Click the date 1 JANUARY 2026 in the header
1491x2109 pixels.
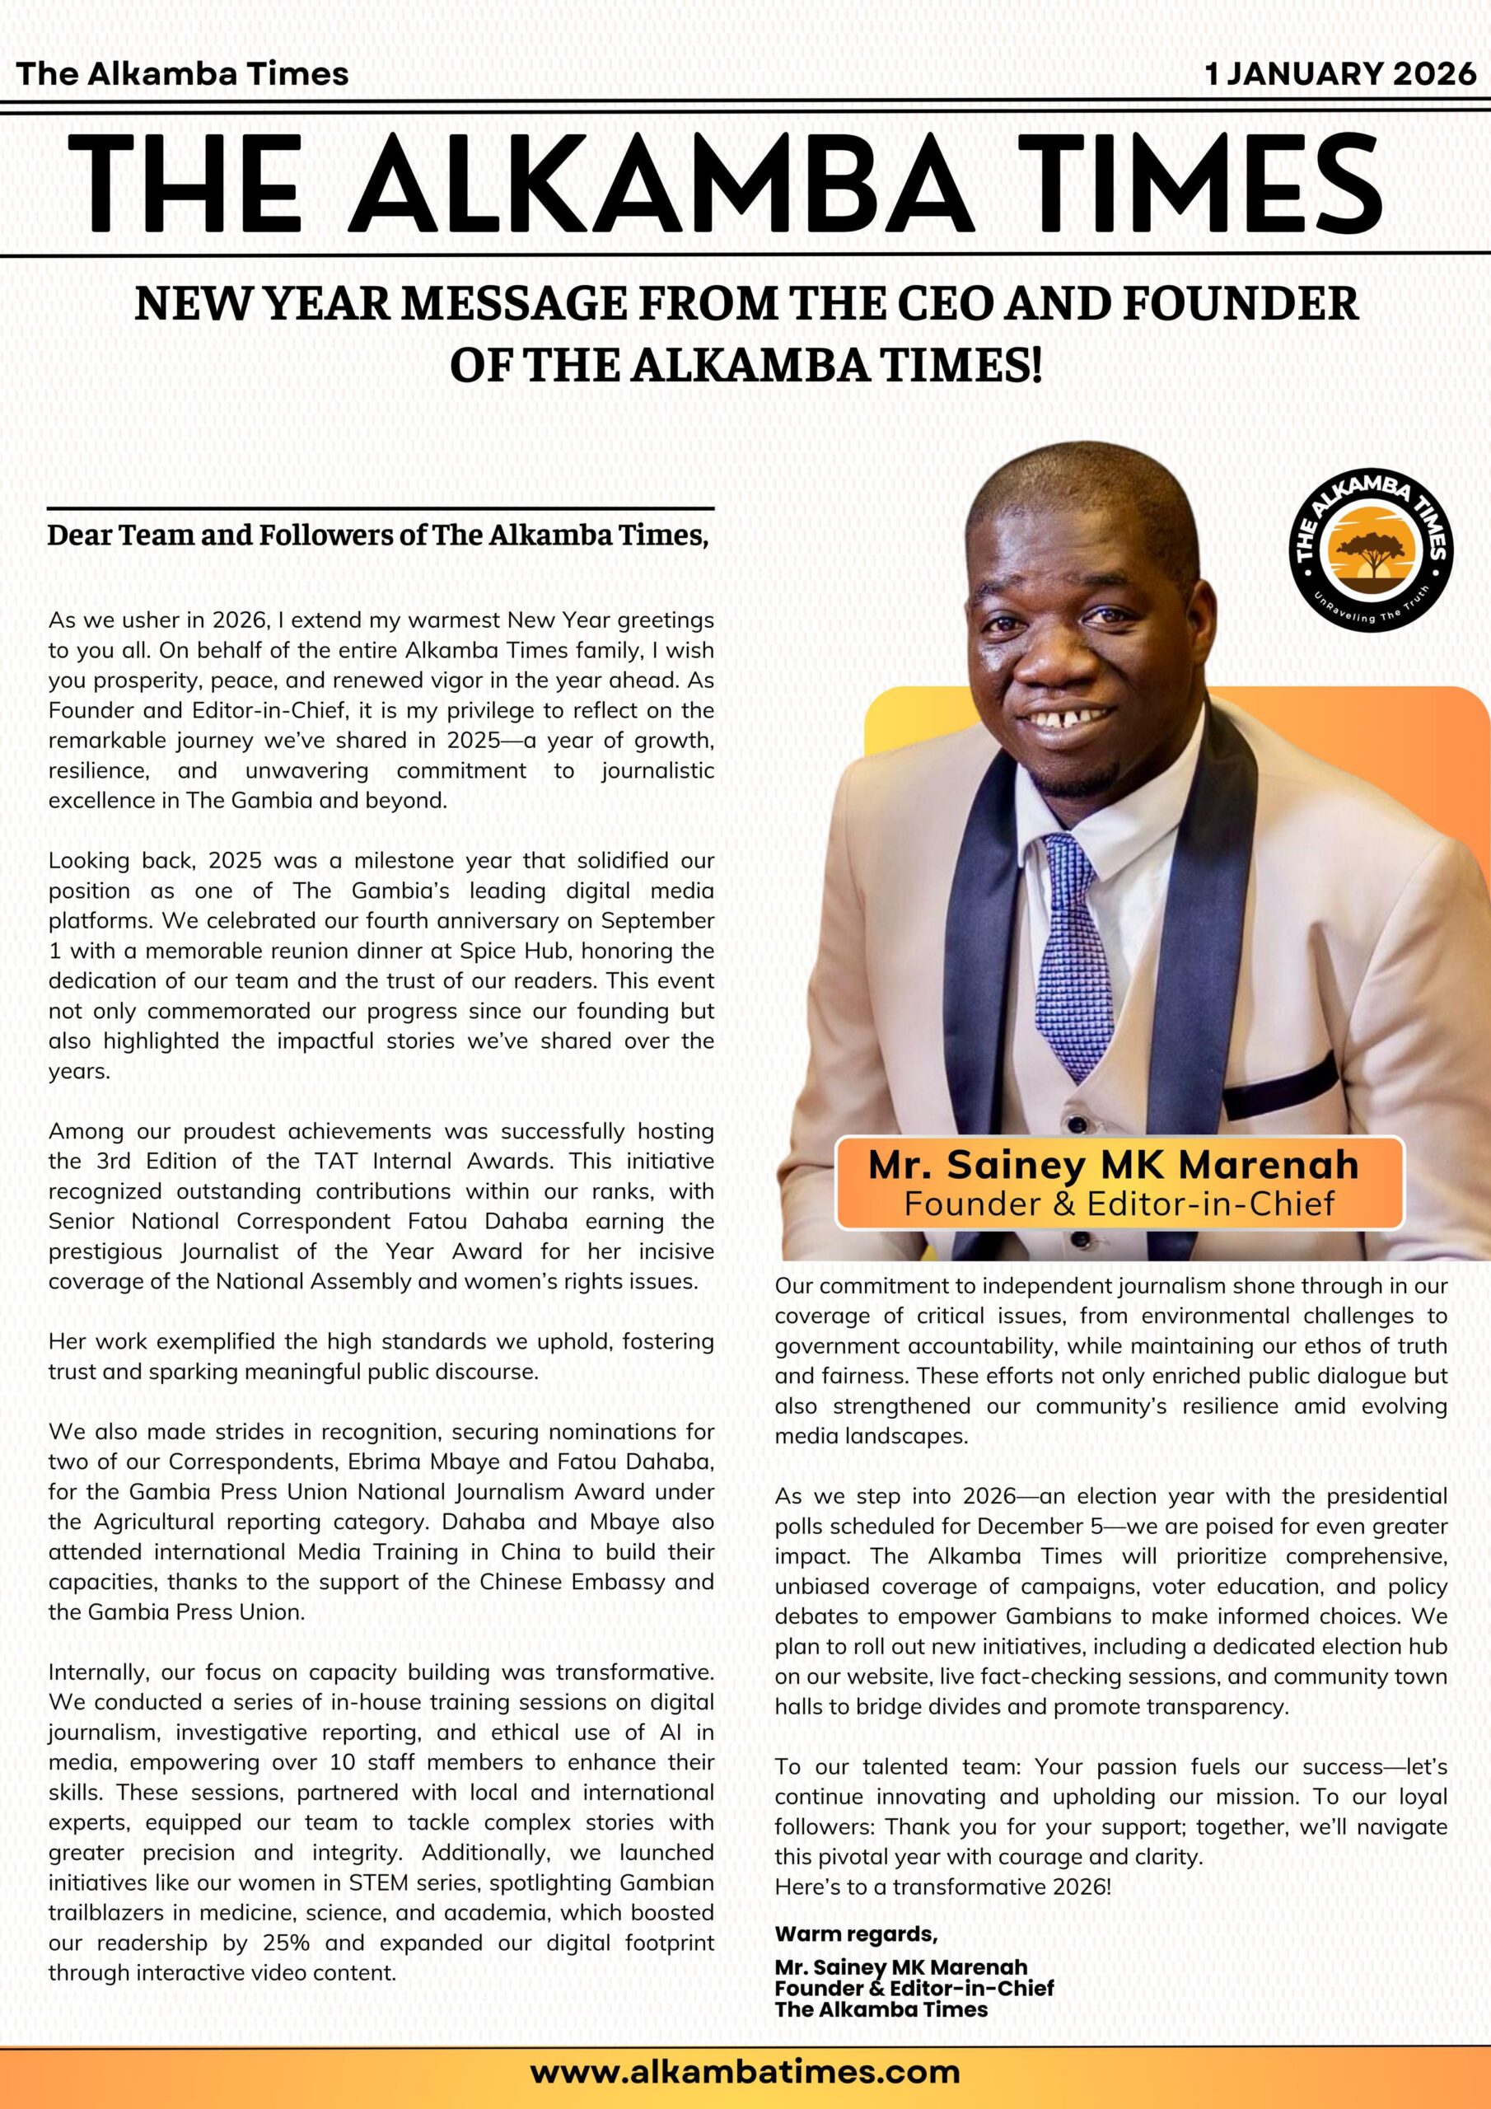click(1340, 74)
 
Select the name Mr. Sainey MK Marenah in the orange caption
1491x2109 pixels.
click(1114, 1165)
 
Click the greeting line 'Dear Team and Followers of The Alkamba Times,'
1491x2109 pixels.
click(377, 535)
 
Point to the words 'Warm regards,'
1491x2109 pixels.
click(855, 1934)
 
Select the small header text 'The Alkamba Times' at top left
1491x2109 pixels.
click(182, 73)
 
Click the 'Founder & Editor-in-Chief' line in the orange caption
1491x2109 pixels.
click(1119, 1203)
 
